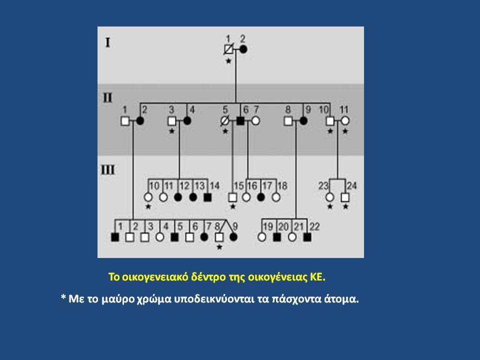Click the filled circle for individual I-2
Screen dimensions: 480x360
243,49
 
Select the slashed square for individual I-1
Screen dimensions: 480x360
228,49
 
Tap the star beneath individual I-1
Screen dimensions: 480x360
228,61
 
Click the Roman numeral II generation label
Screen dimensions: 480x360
107,97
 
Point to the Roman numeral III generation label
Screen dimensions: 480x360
108,169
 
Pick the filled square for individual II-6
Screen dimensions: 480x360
240,121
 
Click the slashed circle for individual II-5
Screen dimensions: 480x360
225,121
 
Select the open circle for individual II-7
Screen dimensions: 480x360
255,121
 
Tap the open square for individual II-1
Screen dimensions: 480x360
125,121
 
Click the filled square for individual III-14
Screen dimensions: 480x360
207,197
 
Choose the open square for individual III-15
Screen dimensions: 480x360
232,197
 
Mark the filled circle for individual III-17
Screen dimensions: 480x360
261,197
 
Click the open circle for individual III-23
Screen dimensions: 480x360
329,197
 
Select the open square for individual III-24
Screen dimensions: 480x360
345,197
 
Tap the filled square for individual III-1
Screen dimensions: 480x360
115,237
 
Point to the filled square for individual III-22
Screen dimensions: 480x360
307,237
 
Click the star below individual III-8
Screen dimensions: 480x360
219,247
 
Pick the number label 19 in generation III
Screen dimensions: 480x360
268,227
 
